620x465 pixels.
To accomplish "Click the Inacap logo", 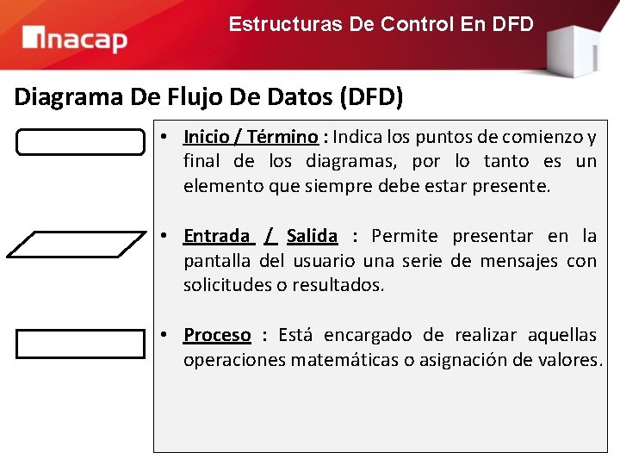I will [75, 39].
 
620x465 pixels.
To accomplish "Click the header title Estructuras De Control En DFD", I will [381, 24].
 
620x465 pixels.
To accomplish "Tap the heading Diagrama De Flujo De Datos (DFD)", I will [208, 96].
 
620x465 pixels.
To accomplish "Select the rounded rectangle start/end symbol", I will [81, 142].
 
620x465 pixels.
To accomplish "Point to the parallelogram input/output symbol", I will [76, 244].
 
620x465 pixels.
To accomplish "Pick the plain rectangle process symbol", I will [81, 344].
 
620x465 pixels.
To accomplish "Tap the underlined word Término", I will [283, 137].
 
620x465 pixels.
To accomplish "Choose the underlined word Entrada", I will [216, 236].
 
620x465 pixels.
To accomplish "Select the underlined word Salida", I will [312, 236].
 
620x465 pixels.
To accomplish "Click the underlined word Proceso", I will [217, 335].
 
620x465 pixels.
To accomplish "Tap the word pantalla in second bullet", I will [218, 260].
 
